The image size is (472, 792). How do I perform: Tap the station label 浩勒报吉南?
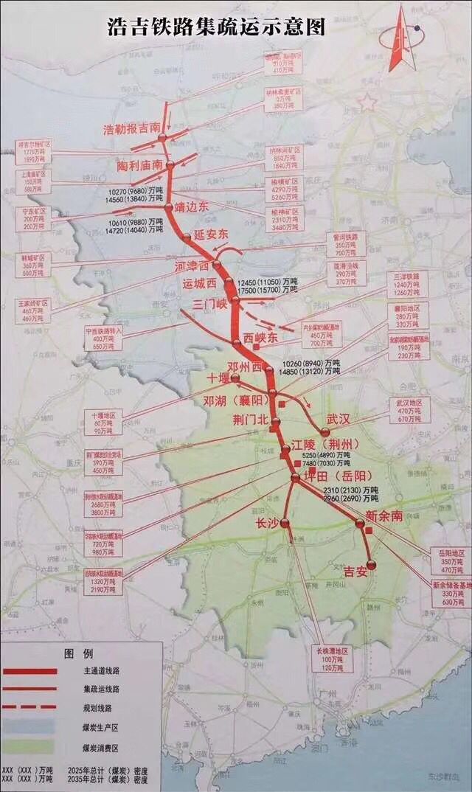point(131,129)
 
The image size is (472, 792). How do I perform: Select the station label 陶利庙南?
point(139,166)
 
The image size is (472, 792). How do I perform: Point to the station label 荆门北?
point(251,420)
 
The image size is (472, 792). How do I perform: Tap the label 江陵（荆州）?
point(324,445)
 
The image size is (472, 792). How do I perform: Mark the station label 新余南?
point(384,516)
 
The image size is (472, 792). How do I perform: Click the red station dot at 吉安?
point(371,564)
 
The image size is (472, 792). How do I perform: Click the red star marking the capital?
point(367,102)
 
